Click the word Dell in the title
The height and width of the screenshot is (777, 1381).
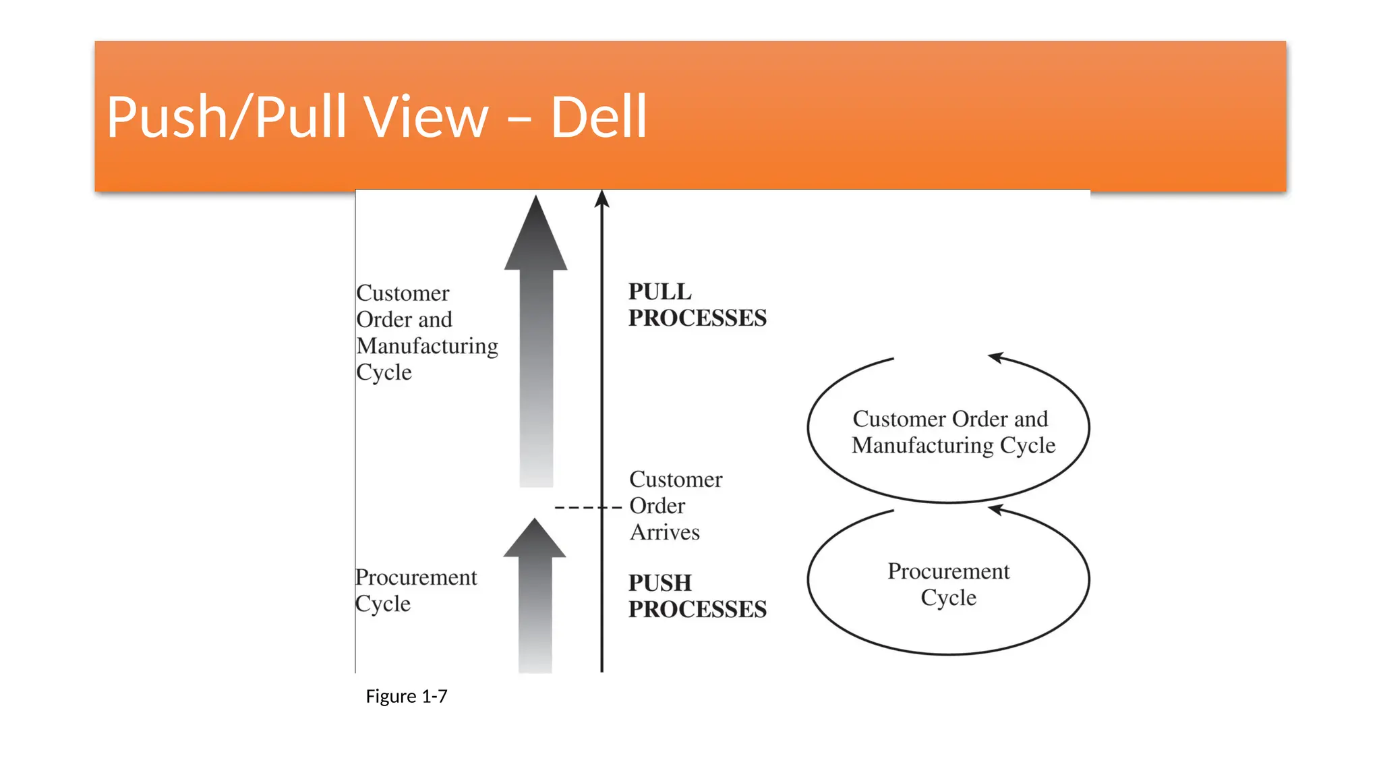click(599, 117)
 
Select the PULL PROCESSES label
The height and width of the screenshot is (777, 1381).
click(697, 305)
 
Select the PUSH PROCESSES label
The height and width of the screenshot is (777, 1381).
click(697, 596)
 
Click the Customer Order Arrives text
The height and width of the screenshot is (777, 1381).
click(674, 506)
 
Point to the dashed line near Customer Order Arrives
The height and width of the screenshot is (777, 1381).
click(587, 507)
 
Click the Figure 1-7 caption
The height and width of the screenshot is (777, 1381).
click(406, 696)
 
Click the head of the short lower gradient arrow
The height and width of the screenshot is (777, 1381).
click(535, 540)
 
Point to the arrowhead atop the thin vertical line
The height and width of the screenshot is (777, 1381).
click(602, 199)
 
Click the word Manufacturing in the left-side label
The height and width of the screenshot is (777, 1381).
click(427, 346)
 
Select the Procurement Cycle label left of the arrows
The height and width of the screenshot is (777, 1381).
click(415, 590)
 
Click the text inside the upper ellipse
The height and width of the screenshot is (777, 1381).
click(951, 432)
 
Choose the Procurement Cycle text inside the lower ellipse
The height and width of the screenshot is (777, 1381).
click(948, 584)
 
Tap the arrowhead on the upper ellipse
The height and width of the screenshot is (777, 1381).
click(997, 357)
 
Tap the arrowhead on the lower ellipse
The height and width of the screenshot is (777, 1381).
click(997, 509)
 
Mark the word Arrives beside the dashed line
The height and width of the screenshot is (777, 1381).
click(665, 532)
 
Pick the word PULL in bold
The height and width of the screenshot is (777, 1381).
click(659, 291)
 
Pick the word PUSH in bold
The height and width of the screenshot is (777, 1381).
click(659, 583)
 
